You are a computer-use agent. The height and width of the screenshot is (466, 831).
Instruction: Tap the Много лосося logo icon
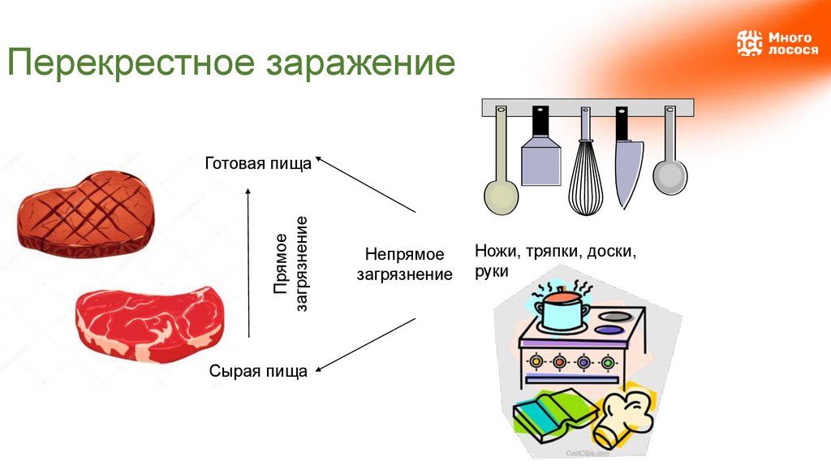[749, 42]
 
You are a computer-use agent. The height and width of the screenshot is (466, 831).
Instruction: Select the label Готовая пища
[257, 163]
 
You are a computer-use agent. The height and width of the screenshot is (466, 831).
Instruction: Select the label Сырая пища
[258, 372]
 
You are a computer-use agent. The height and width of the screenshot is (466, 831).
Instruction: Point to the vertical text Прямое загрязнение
[291, 265]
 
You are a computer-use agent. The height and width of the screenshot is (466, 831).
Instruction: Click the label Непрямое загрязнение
[404, 265]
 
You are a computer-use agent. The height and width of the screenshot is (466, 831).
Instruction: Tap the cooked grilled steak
[85, 210]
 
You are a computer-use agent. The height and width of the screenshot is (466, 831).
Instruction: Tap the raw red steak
[150, 324]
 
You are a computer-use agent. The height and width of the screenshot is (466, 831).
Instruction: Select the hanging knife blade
[627, 170]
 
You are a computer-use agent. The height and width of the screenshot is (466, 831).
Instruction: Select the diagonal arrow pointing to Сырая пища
[365, 345]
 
